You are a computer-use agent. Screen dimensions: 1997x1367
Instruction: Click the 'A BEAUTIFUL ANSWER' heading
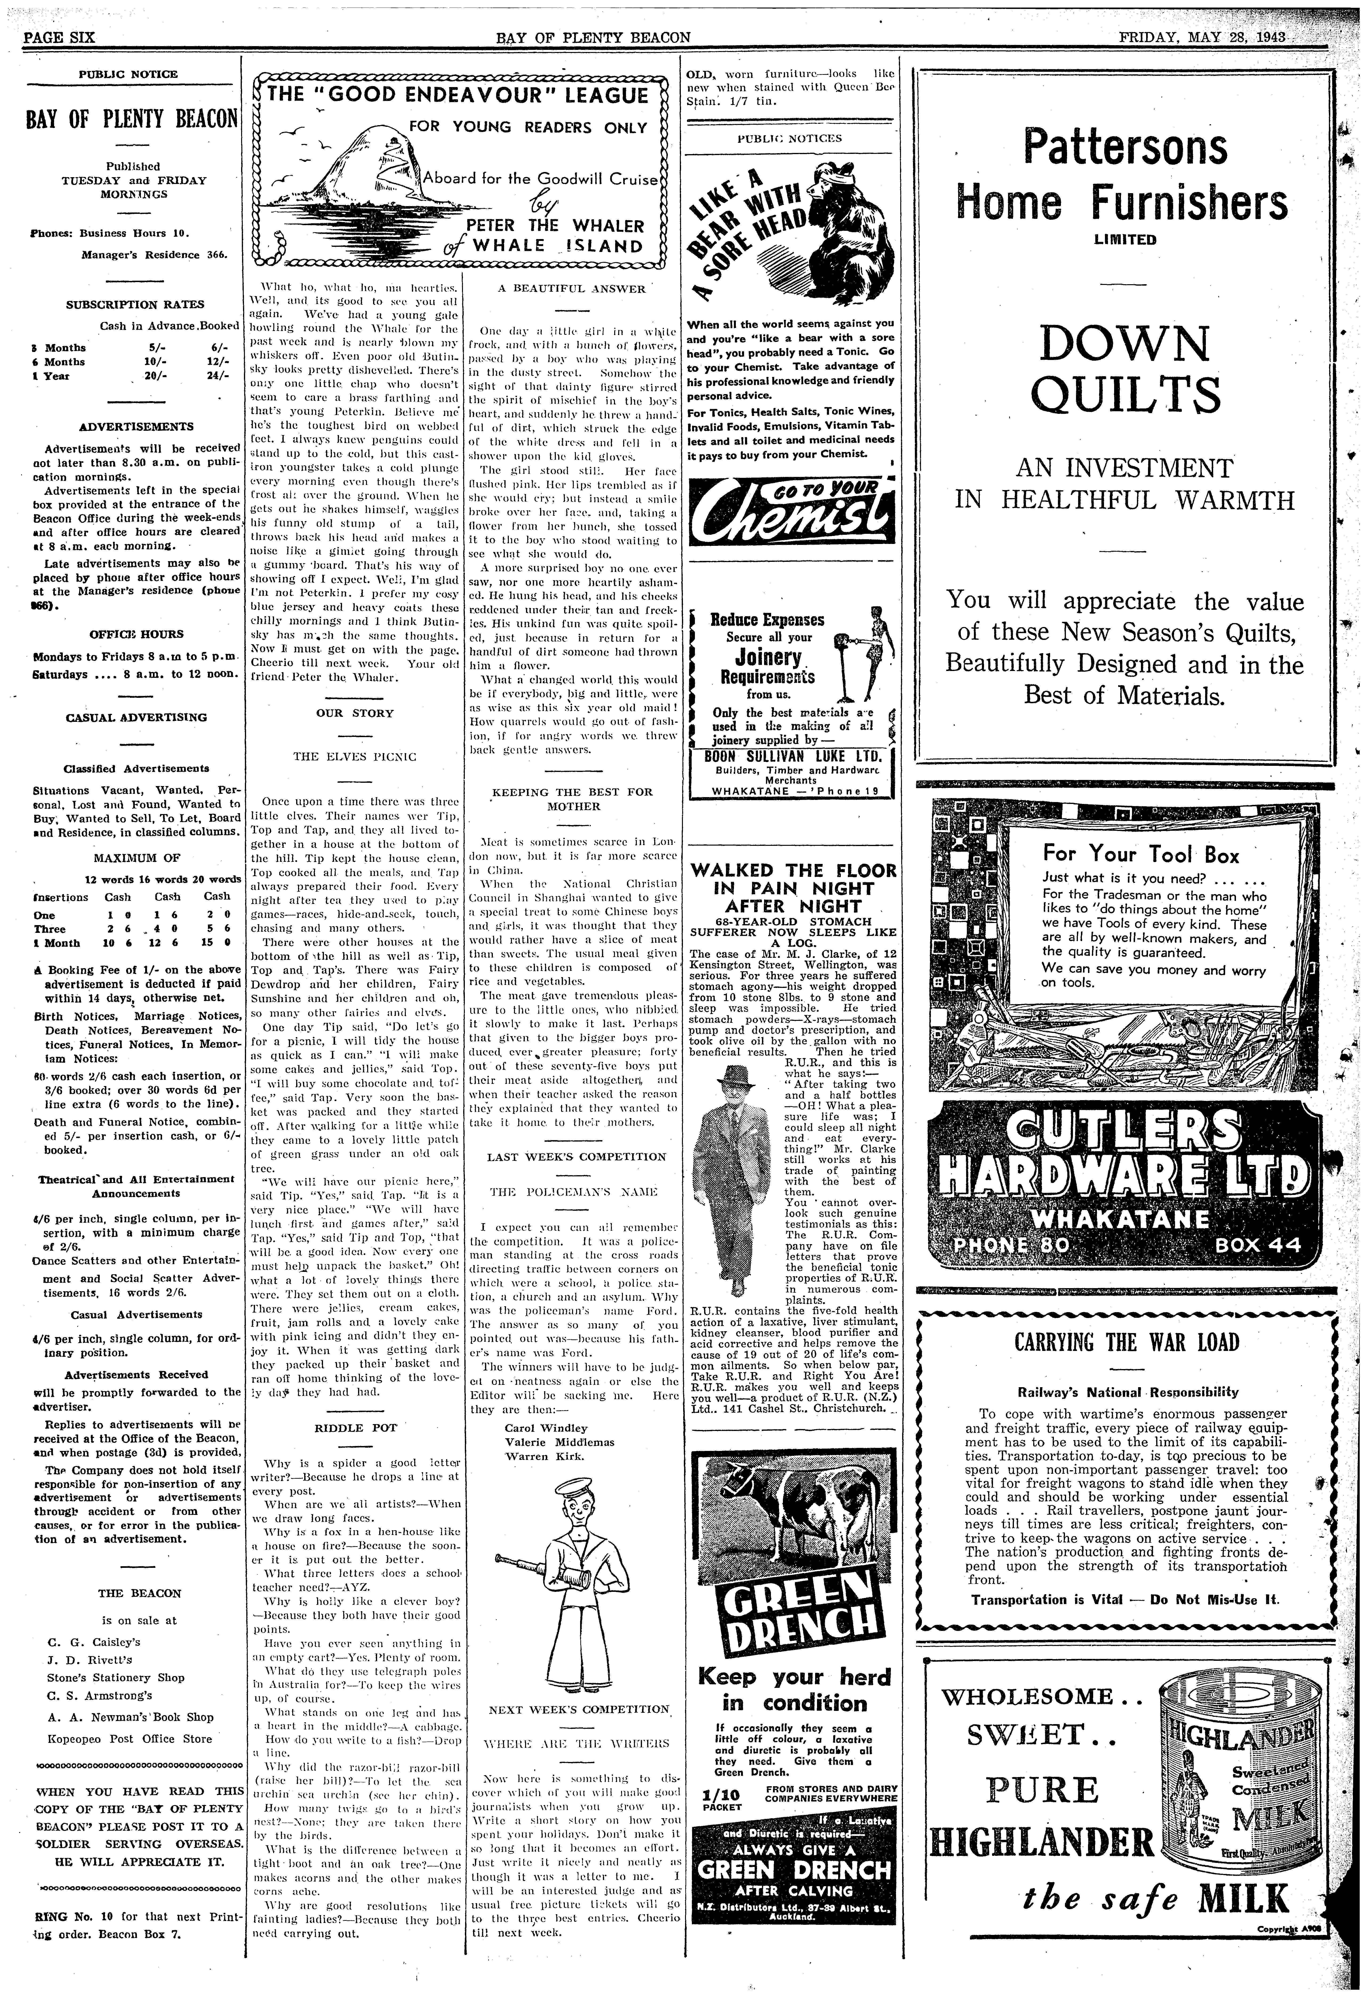571,289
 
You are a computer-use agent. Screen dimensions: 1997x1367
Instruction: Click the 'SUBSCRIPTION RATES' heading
136,304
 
